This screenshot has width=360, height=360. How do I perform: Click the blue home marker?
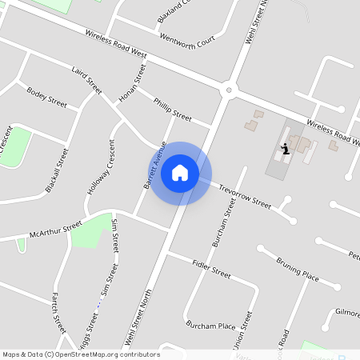click(180, 173)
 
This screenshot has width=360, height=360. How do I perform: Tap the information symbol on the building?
click(286, 149)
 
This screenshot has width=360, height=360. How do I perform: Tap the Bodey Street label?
click(46, 97)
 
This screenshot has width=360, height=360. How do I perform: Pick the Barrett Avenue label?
click(154, 165)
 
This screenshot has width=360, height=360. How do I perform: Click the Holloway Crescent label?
click(101, 168)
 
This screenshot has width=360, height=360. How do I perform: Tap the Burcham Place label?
click(210, 326)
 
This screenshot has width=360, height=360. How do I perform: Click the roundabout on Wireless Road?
click(229, 90)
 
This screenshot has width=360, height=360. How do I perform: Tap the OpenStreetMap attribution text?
click(80, 354)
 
